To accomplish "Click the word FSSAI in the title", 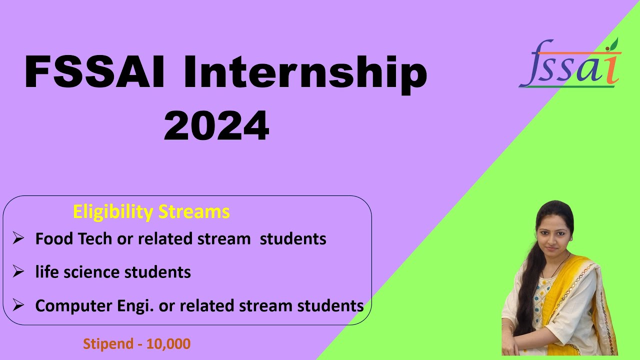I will click(95, 73).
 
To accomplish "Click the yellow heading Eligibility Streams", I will click(151, 211).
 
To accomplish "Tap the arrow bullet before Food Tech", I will click(18, 238).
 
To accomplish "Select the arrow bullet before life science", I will click(18, 272).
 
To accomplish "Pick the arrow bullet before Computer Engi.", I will click(18, 305).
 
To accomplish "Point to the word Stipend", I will click(104, 344).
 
